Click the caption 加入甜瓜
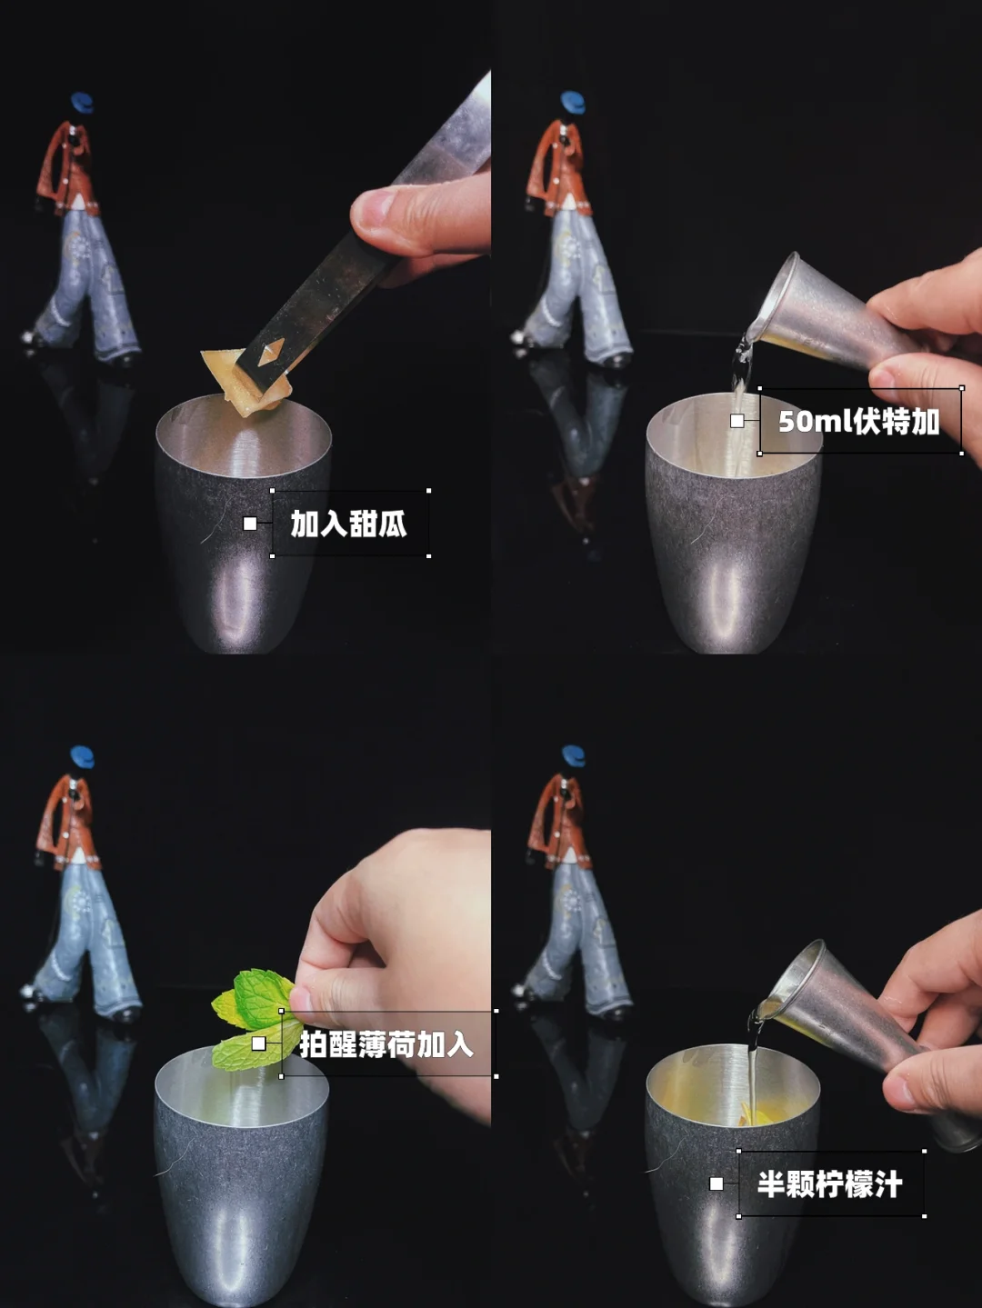coord(348,524)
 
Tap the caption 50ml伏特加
coord(858,422)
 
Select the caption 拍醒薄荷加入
coord(386,1044)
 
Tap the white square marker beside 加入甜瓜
coord(250,524)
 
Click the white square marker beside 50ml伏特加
coord(737,421)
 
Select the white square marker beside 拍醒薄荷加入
coord(258,1043)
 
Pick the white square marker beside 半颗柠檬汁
coord(716,1183)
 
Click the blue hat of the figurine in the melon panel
coord(83,101)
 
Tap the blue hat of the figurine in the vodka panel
coord(573,101)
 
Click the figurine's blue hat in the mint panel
coord(82,756)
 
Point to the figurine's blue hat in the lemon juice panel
coord(573,755)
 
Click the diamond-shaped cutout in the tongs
coord(266,354)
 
